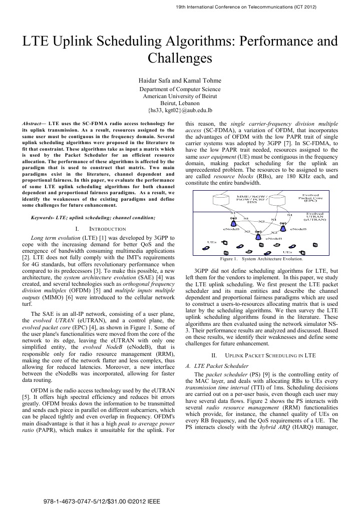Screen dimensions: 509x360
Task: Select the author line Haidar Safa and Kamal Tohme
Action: coord(180,80)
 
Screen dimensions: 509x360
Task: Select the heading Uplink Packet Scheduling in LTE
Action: coord(263,355)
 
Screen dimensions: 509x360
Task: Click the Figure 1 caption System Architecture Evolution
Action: coord(261,259)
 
